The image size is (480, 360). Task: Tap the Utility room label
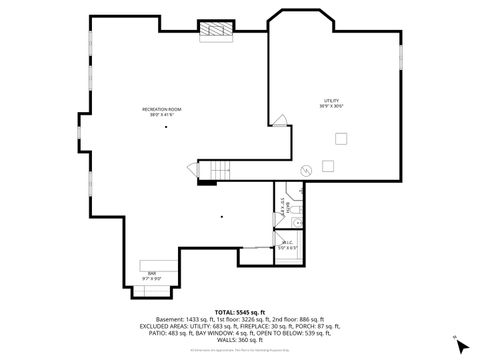click(332, 100)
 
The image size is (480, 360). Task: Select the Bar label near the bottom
click(153, 272)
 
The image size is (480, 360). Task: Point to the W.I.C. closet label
click(286, 242)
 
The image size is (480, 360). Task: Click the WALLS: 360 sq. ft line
click(240, 341)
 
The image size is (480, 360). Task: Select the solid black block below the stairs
click(207, 182)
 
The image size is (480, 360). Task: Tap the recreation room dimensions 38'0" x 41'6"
click(160, 114)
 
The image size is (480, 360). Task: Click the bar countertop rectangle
click(152, 265)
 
